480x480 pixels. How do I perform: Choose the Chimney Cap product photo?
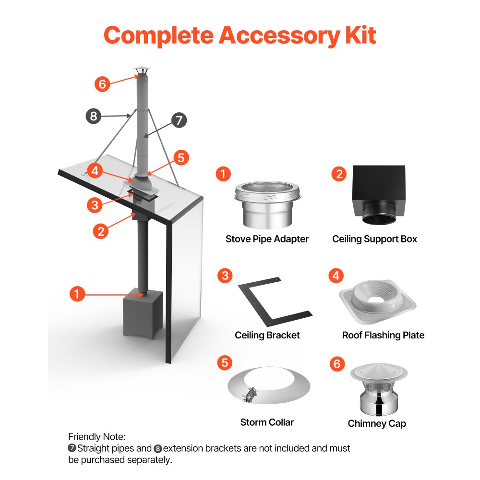pos(379,391)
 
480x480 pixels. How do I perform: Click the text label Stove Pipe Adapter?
pos(267,239)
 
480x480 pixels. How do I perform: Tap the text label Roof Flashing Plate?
pos(383,335)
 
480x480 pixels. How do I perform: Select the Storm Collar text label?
pos(267,422)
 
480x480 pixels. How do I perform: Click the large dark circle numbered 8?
pos(94,116)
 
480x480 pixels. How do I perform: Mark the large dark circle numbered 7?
pos(179,120)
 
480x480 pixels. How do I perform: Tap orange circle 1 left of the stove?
pos(77,293)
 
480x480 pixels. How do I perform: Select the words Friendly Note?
pos(96,437)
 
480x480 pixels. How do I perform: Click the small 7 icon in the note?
pos(72,449)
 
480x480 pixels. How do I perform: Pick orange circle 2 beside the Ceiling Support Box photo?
pos(339,173)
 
